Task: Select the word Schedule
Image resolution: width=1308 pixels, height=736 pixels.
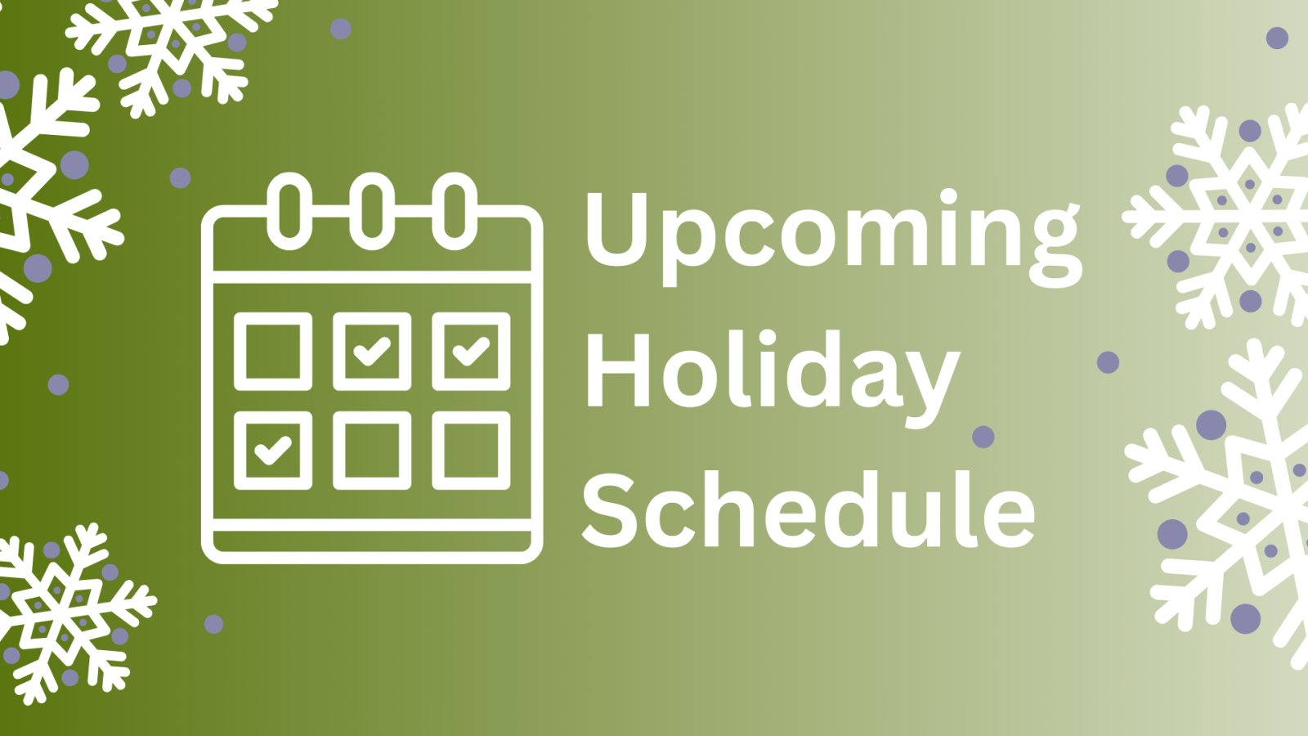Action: click(x=808, y=511)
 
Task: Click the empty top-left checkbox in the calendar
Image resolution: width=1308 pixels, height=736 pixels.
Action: click(x=273, y=351)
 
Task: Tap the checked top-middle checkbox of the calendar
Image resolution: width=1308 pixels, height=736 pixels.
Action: click(x=372, y=351)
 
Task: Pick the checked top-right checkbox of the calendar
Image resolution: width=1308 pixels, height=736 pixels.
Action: click(x=471, y=351)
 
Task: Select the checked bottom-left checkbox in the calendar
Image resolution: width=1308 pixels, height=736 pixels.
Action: click(x=273, y=450)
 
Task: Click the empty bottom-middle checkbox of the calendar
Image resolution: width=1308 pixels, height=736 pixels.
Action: click(x=372, y=450)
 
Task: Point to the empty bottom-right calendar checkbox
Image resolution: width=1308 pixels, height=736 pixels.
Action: click(x=471, y=450)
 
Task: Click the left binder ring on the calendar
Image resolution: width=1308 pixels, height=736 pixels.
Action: click(x=289, y=210)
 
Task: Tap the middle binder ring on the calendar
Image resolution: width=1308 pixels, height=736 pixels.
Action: click(x=372, y=210)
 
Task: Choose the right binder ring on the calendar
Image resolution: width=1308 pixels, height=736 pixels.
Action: click(x=455, y=210)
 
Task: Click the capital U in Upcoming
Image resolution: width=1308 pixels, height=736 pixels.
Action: click(x=617, y=228)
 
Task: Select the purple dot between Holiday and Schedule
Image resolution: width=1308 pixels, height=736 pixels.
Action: click(x=983, y=437)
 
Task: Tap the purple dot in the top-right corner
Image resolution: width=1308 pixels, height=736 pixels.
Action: click(x=1277, y=38)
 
